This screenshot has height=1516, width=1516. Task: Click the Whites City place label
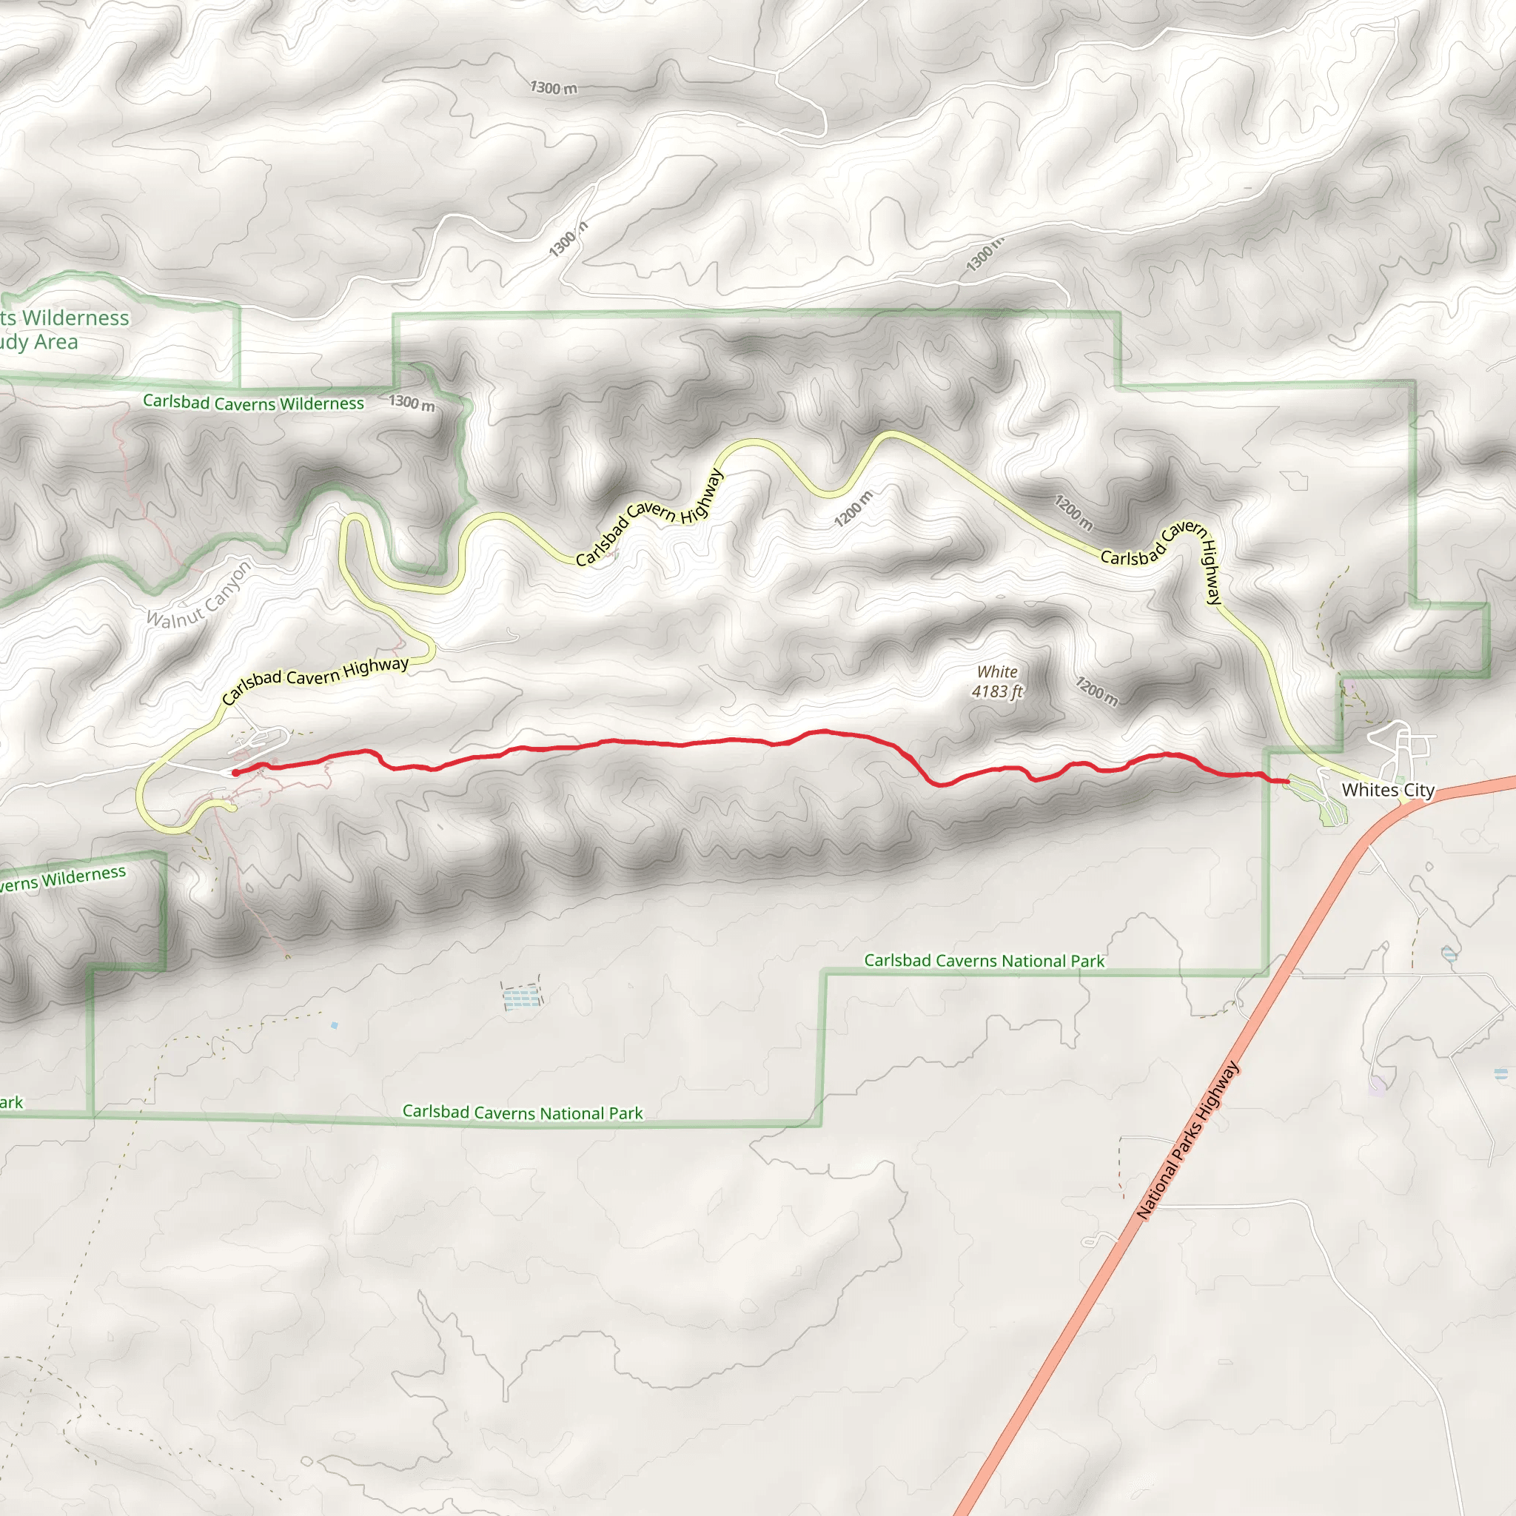point(1387,790)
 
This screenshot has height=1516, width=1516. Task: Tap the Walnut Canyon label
point(199,595)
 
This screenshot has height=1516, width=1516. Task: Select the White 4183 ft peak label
point(997,681)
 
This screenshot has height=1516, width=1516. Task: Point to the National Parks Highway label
point(1187,1139)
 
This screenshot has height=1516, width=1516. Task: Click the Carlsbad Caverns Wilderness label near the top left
point(252,403)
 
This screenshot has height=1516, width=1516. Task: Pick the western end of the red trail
point(235,773)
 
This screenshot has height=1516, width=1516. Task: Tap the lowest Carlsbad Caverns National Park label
point(522,1112)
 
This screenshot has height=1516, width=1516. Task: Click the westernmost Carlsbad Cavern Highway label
point(315,680)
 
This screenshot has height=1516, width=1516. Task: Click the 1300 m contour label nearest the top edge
point(553,87)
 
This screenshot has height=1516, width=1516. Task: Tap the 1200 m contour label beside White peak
point(1096,691)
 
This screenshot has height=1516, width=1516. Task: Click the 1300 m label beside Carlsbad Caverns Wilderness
point(412,403)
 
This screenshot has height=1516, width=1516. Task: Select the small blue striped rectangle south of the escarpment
point(522,998)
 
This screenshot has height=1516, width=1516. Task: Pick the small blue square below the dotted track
point(335,1025)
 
